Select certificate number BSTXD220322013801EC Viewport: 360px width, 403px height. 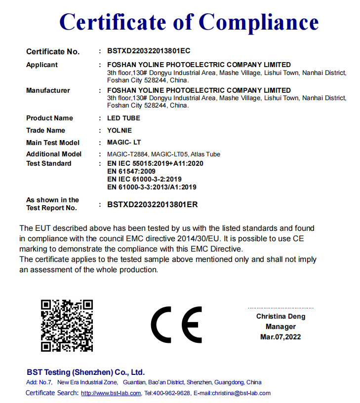(149, 51)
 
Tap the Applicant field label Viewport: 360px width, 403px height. (42, 65)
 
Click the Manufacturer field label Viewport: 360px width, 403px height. (48, 90)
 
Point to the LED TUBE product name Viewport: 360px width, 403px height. (123, 118)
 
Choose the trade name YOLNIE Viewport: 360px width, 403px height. (120, 130)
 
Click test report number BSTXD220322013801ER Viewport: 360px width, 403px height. (153, 204)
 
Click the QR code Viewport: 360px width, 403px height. (67, 325)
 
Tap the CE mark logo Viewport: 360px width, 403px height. (176, 325)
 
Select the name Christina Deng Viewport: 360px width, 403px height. (280, 316)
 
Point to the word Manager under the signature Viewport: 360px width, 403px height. (280, 327)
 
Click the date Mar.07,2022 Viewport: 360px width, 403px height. (280, 337)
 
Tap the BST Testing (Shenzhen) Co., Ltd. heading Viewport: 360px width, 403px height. (85, 372)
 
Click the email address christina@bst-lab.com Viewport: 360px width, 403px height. (239, 393)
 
